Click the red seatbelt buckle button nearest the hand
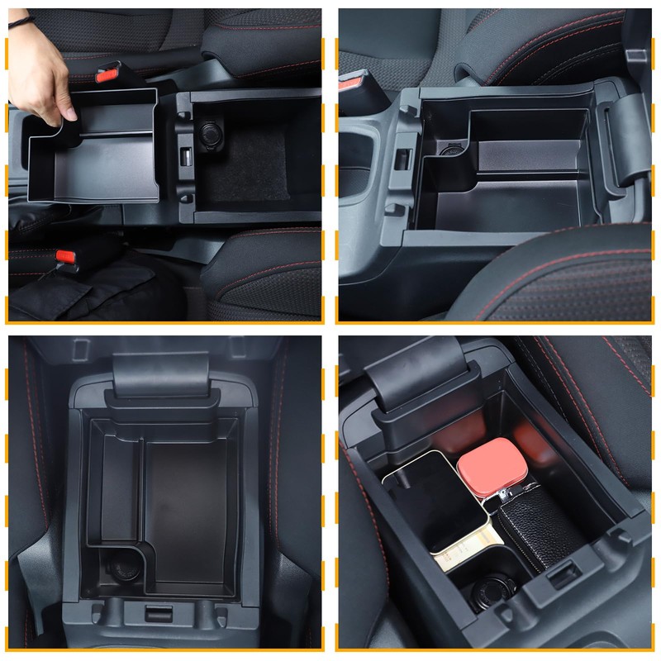107,75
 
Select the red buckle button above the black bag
66,257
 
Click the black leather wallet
537,529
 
